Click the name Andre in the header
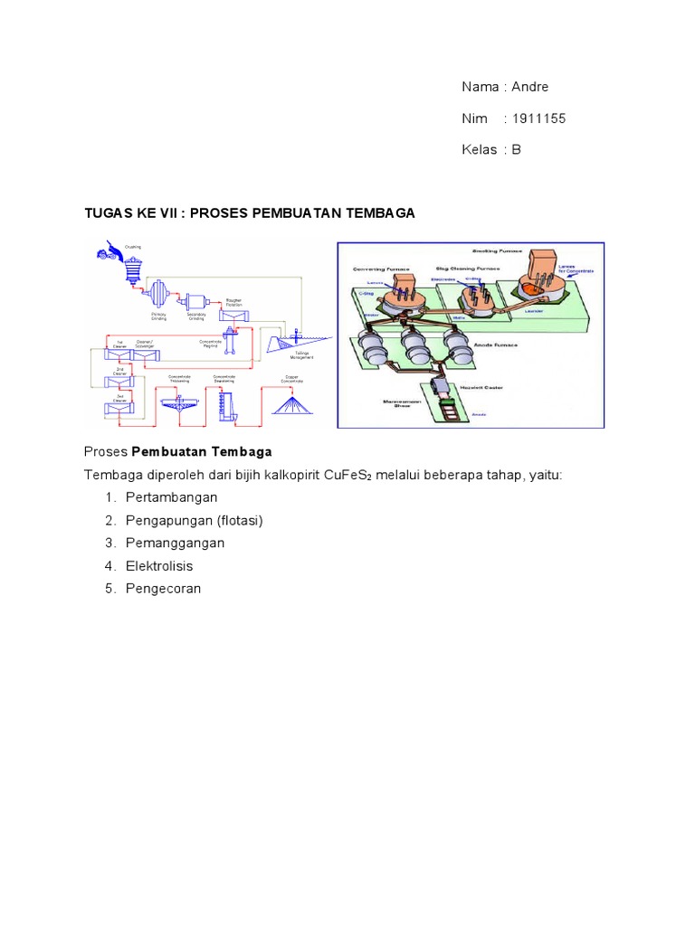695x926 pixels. coord(529,87)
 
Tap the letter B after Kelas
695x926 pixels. coord(516,150)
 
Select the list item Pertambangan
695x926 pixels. coord(171,498)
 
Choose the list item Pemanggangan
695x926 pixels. coord(175,543)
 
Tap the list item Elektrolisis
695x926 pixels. coord(159,566)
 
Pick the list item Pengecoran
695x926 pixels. coord(163,589)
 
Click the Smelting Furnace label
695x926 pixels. coord(498,250)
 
